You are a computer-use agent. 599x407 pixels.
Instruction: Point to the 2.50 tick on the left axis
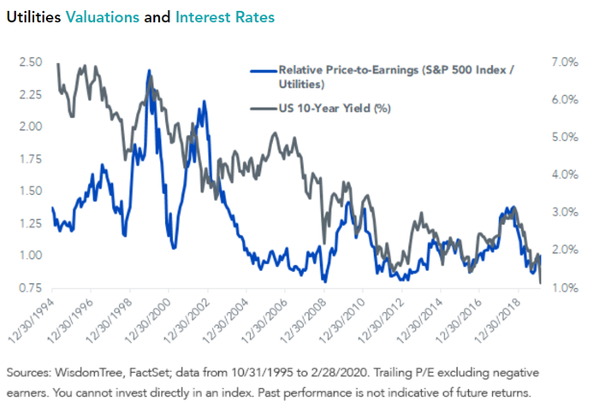[x=31, y=62]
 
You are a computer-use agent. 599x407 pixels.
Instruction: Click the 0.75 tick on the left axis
[x=31, y=287]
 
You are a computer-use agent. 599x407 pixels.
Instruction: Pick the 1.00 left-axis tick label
[x=31, y=255]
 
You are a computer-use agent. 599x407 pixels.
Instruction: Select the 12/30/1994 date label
[x=33, y=321]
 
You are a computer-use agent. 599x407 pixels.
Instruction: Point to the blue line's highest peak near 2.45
[x=150, y=71]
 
